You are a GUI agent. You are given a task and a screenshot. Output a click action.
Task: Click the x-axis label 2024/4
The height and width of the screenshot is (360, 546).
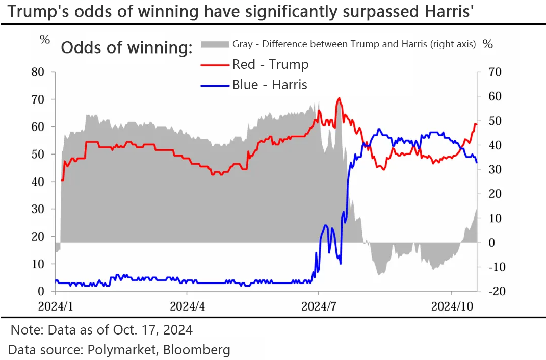(187, 306)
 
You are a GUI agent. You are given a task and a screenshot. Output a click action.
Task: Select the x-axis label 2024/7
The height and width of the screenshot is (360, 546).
(319, 306)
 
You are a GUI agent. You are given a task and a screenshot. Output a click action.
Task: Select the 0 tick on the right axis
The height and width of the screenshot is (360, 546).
(492, 243)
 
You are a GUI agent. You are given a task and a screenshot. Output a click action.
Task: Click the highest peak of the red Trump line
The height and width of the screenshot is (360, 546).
(339, 98)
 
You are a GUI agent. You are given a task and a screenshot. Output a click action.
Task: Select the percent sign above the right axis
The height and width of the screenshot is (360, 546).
(488, 44)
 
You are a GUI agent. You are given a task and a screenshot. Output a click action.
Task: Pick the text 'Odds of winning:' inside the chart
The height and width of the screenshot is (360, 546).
(126, 48)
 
